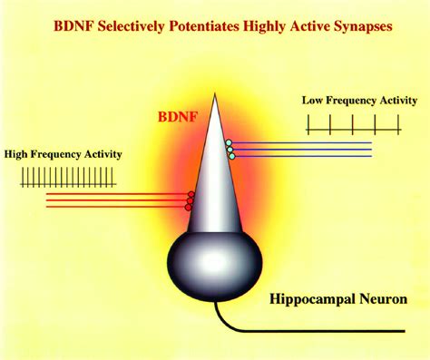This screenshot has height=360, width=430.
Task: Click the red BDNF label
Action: [179, 117]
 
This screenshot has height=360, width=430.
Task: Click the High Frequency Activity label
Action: [63, 155]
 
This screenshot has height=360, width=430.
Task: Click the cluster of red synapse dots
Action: [189, 201]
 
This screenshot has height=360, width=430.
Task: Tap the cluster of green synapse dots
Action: [230, 150]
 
